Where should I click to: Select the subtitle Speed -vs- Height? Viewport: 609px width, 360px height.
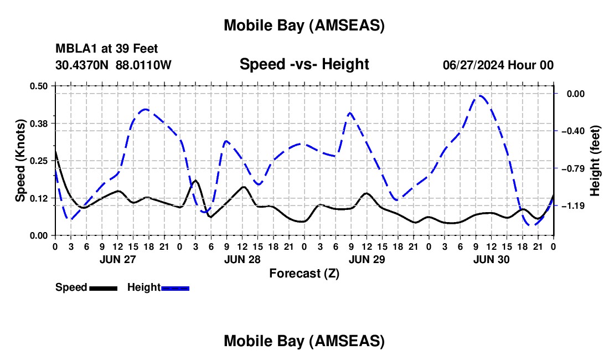click(x=304, y=64)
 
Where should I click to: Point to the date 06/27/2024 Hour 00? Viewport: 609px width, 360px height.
click(x=498, y=65)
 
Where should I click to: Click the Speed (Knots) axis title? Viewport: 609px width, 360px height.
click(x=20, y=161)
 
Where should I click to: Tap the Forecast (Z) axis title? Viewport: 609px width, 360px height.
click(x=304, y=273)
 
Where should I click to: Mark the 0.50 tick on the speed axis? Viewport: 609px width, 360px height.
click(x=40, y=85)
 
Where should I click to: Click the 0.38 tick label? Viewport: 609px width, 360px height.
click(x=40, y=123)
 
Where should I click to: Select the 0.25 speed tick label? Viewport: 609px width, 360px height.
click(x=40, y=160)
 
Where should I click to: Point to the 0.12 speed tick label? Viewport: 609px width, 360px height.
click(x=40, y=198)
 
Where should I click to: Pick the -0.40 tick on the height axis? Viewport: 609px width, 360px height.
click(x=571, y=131)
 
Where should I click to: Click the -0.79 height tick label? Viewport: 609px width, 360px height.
click(x=571, y=168)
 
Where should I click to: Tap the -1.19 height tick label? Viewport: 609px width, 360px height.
click(x=571, y=205)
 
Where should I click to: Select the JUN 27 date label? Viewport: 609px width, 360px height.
click(x=117, y=259)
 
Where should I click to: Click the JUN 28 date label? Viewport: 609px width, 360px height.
click(x=242, y=259)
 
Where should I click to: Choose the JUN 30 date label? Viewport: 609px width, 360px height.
click(x=491, y=259)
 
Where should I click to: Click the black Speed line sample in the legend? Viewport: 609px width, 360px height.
click(x=103, y=287)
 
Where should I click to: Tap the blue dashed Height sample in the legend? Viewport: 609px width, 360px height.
click(x=175, y=287)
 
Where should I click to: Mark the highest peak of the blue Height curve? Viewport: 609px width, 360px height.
click(x=480, y=95)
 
